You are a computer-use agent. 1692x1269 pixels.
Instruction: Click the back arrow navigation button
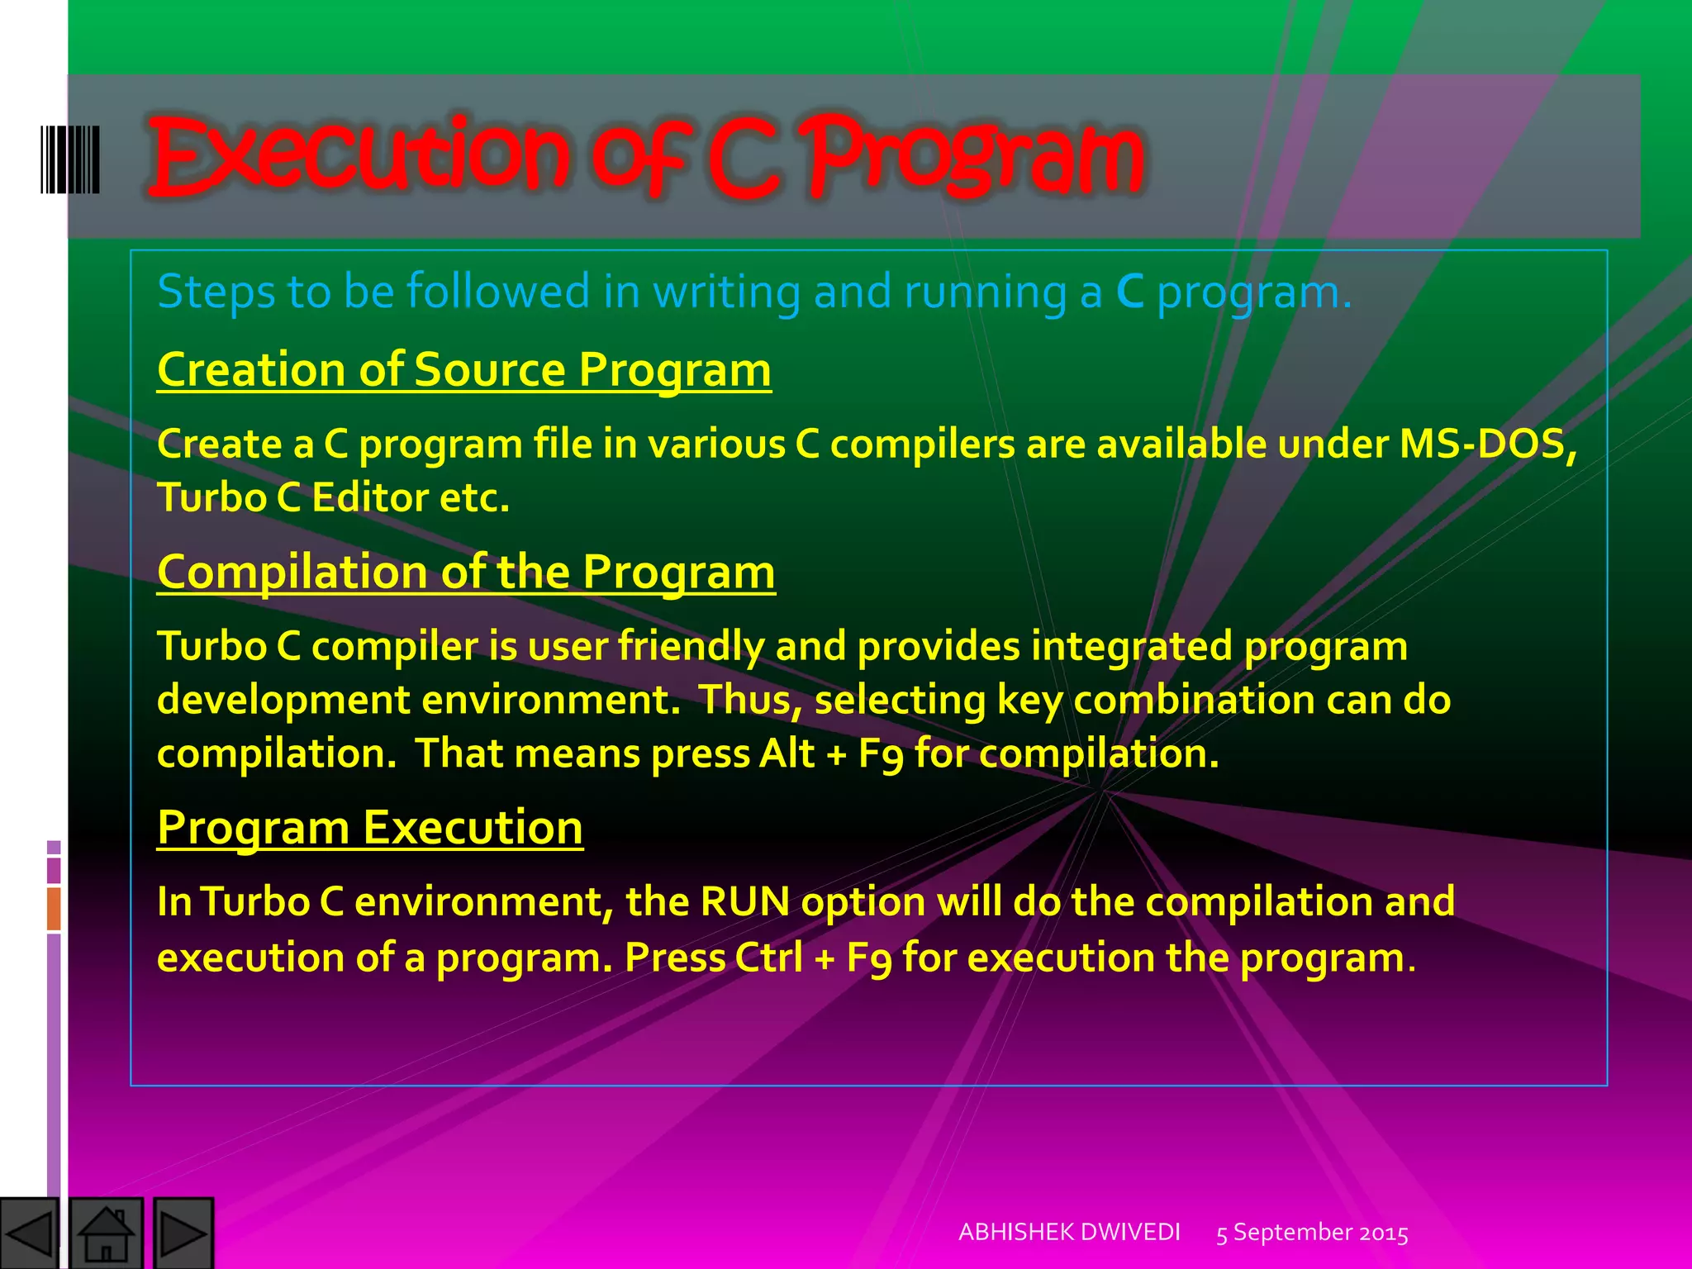(30, 1233)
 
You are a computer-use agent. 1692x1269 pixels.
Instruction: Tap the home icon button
(106, 1233)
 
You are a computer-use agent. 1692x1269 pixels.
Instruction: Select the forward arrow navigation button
(183, 1233)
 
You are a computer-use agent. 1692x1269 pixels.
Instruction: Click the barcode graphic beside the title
(70, 159)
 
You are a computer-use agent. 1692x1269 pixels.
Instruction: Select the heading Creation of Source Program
(463, 369)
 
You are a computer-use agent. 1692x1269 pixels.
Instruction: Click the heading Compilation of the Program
(466, 572)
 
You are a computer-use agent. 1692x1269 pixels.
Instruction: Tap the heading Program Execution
(370, 827)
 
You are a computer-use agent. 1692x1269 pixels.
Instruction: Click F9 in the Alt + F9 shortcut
(881, 754)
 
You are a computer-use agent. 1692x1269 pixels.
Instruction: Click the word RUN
(744, 901)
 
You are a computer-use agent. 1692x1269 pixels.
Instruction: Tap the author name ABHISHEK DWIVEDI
(1069, 1232)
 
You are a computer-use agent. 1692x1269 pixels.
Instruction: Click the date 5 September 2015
(1312, 1233)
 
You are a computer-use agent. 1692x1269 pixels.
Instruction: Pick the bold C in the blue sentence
(1129, 292)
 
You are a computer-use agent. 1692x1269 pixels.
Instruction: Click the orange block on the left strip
(54, 908)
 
